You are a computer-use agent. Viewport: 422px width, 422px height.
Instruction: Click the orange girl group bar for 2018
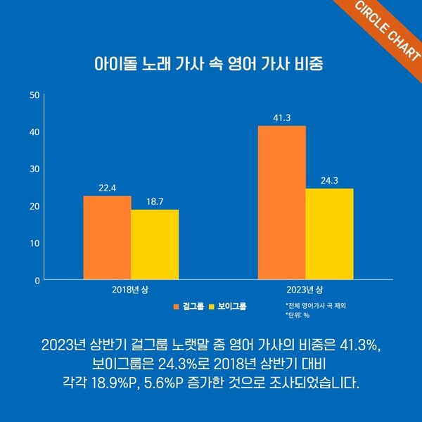click(x=107, y=238)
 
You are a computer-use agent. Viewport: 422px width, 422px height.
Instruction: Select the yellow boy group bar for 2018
click(x=155, y=245)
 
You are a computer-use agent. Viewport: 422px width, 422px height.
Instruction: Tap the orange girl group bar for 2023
click(x=281, y=203)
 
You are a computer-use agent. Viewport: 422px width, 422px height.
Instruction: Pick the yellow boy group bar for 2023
click(x=329, y=234)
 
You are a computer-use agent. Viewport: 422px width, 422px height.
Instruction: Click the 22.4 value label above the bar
click(x=107, y=187)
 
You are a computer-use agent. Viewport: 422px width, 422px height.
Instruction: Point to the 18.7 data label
click(x=155, y=201)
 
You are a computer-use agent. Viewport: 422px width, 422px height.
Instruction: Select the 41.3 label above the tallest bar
click(x=281, y=117)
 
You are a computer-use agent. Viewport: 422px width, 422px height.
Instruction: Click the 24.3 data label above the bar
click(x=329, y=180)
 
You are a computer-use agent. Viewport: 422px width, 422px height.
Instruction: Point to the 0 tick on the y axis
click(x=37, y=280)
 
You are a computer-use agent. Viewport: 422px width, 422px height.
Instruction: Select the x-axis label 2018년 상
click(x=131, y=290)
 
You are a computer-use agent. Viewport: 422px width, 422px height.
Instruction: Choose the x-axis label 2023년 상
click(x=305, y=290)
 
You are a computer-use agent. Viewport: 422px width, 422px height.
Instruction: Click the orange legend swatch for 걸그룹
click(x=177, y=306)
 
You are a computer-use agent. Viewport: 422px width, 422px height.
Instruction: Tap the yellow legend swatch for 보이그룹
click(x=213, y=306)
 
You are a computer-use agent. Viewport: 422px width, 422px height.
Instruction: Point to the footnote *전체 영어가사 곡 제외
click(x=316, y=306)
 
